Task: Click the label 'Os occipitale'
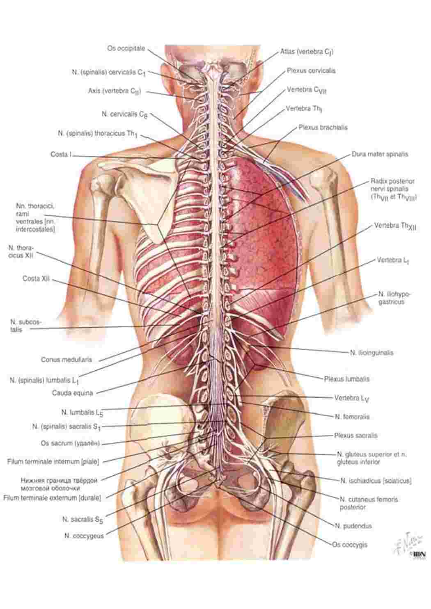coord(126,49)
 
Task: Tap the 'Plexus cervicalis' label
coord(311,71)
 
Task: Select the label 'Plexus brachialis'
coord(323,127)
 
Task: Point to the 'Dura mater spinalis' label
coord(380,154)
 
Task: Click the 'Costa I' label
coord(61,155)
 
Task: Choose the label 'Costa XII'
coord(36,279)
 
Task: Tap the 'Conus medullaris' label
coord(66,360)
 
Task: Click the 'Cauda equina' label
coord(73,393)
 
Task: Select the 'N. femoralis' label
coord(352,417)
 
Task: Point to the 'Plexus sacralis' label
coord(355,436)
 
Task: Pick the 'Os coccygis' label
coord(350,545)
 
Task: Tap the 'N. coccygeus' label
coord(84,536)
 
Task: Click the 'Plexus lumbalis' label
coord(347,379)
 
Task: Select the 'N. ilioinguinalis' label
coord(371,353)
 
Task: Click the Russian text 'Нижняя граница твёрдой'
coord(59,480)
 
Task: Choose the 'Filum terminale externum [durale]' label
coord(52,498)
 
